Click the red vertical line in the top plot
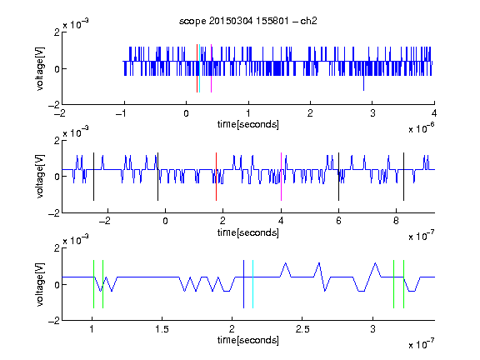point(197,68)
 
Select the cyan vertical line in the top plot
point(200,68)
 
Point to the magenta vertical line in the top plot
point(211,68)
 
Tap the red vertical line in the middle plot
point(216,177)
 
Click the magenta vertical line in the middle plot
point(281,177)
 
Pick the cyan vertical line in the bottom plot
point(252,284)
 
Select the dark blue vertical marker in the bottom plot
point(243,284)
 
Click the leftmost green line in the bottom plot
point(93,284)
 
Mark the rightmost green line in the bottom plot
point(404,284)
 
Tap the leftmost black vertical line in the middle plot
point(93,177)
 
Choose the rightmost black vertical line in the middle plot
point(404,177)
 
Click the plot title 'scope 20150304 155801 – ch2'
point(248,21)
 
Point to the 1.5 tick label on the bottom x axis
point(162,329)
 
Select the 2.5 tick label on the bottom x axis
point(302,329)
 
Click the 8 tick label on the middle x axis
point(396,221)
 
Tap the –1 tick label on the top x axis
point(121,113)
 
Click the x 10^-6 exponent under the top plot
point(422,127)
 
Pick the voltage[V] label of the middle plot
point(40,177)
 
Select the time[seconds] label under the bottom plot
point(248,340)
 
